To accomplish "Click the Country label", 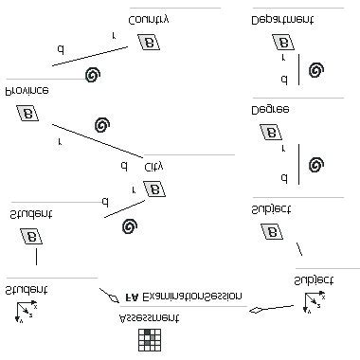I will click(149, 18).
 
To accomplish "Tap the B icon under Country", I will click(148, 42).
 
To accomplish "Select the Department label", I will click(282, 18).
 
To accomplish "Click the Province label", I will click(27, 89).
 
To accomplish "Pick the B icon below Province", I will click(27, 114).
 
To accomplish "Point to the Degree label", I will click(271, 109).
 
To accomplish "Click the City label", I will click(154, 166).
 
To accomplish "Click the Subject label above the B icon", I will click(272, 207).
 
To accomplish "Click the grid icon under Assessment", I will click(149, 339).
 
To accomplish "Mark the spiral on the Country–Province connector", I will click(93, 74).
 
